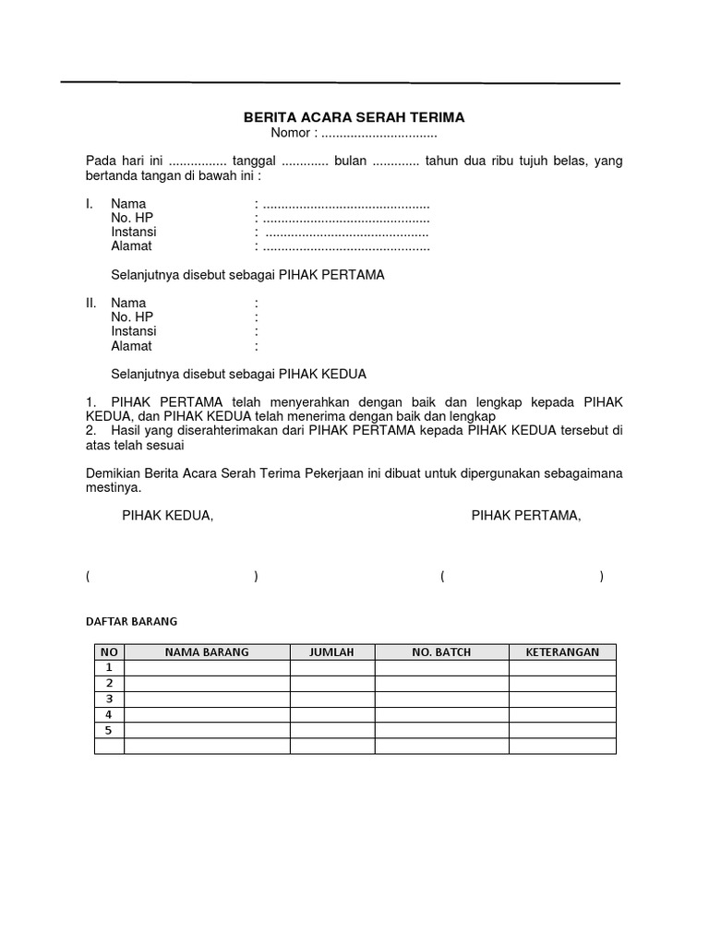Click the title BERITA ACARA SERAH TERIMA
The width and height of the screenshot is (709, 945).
354,118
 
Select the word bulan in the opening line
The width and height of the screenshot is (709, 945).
350,161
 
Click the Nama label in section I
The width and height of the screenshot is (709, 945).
128,204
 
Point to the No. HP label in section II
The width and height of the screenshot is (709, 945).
132,317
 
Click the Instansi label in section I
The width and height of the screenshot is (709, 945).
134,233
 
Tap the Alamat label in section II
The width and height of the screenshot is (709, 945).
132,347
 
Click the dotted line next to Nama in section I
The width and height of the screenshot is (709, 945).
346,204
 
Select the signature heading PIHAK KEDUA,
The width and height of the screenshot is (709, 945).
168,517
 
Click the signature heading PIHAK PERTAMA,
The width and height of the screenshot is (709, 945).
526,517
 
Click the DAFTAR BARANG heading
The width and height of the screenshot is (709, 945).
131,621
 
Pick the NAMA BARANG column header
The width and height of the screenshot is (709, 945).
207,652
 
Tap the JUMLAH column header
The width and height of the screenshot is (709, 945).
332,652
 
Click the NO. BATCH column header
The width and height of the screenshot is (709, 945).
441,652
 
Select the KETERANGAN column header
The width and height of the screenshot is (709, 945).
562,652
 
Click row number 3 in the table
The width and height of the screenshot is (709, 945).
109,699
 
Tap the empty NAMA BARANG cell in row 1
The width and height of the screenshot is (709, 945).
207,667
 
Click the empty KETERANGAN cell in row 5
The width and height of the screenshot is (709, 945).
562,730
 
